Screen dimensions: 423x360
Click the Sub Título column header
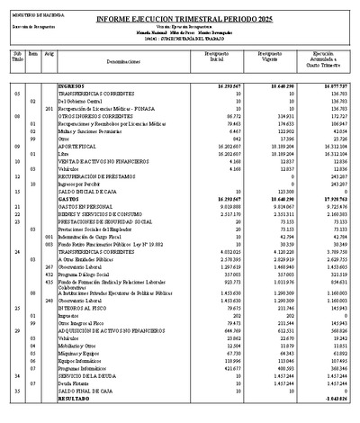17,58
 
